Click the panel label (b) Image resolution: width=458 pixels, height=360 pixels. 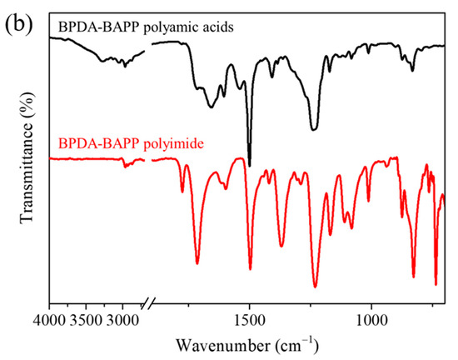(x=17, y=17)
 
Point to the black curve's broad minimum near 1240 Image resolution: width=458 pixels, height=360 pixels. (x=313, y=129)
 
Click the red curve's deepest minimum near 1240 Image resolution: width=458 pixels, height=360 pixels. (x=315, y=287)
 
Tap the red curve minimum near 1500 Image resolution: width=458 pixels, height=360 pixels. (x=250, y=269)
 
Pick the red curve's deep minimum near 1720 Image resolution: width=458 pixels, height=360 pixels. (x=197, y=263)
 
